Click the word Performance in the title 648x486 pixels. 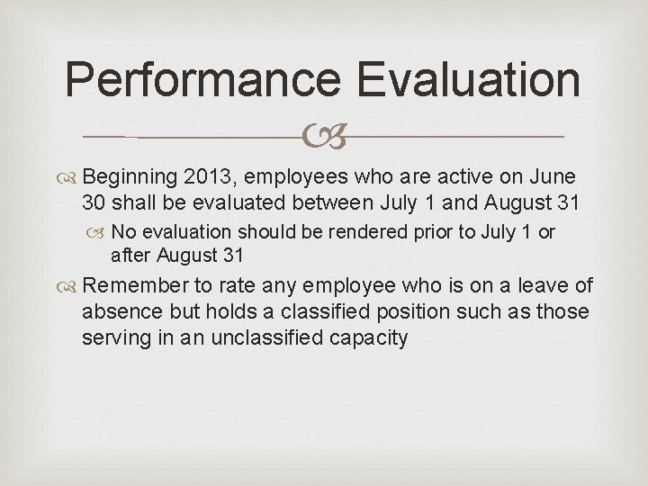(204, 80)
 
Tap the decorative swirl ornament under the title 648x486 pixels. (323, 137)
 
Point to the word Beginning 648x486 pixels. (133, 175)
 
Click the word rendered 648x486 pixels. (369, 232)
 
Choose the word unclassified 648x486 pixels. (286, 338)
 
